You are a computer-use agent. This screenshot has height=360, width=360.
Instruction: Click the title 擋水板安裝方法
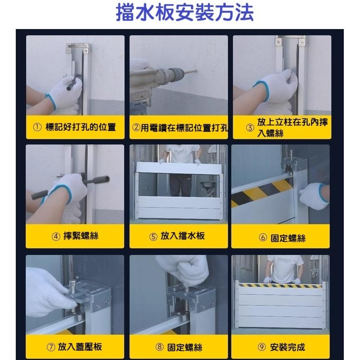(x=185, y=13)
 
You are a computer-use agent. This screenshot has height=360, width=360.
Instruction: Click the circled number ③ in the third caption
(x=249, y=128)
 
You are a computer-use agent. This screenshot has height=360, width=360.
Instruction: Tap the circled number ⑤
(x=153, y=237)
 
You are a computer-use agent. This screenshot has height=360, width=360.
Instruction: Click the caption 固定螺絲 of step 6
(x=288, y=238)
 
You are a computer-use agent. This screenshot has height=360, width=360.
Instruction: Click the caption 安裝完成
(x=287, y=347)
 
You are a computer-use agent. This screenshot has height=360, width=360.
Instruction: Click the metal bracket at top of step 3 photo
(x=291, y=41)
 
